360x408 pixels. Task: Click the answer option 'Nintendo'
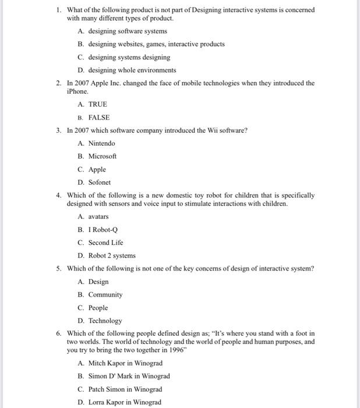(x=101, y=143)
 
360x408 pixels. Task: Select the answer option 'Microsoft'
(x=102, y=156)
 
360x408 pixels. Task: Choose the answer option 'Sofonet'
(x=99, y=182)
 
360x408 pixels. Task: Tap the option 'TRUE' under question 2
(x=97, y=104)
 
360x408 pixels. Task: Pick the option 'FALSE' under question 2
(x=98, y=117)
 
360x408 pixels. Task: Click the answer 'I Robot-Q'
(x=103, y=230)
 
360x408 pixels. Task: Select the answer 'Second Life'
(x=105, y=242)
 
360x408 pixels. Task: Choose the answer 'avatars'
(x=98, y=216)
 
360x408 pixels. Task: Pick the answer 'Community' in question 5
(x=105, y=295)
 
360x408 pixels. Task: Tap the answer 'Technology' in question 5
(x=105, y=321)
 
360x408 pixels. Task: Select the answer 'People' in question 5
(x=98, y=308)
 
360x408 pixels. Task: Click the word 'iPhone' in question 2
(x=77, y=92)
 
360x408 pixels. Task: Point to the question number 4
(x=59, y=196)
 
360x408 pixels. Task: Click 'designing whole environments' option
(x=132, y=71)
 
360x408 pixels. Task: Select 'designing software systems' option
(x=127, y=31)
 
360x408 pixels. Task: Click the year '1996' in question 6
(x=177, y=350)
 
